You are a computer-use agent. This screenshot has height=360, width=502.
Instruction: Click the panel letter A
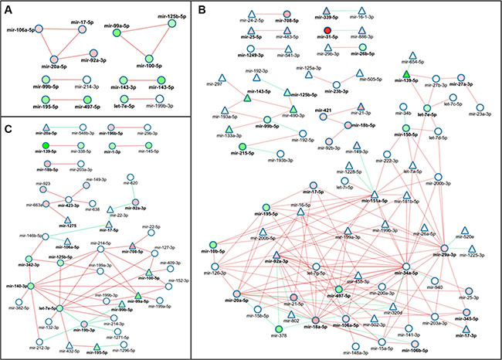[x=10, y=11]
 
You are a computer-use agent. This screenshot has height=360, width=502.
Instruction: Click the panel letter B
[x=202, y=11]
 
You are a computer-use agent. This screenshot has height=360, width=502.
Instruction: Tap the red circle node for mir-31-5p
[x=328, y=30]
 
